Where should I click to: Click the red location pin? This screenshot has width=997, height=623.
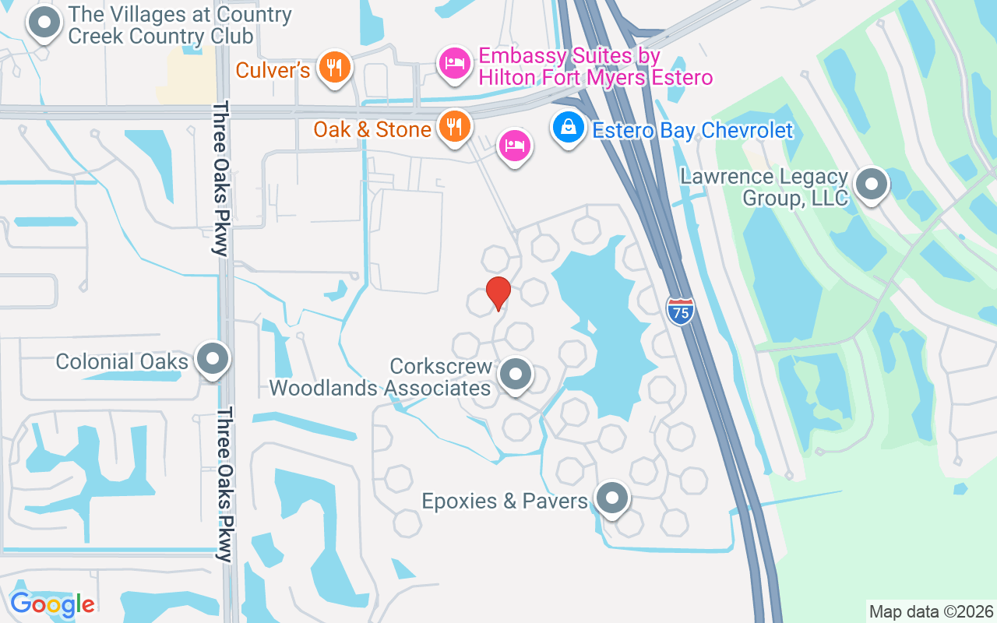pos(498,293)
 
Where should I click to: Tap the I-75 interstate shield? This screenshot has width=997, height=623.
pos(680,311)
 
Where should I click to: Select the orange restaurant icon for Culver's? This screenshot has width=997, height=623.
pos(334,68)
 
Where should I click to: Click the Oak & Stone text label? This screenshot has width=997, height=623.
pos(372,129)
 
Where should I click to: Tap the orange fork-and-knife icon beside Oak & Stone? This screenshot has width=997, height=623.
pos(453,126)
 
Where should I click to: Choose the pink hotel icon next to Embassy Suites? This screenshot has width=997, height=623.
pos(454,64)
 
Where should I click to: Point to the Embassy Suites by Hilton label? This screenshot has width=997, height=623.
pos(595,67)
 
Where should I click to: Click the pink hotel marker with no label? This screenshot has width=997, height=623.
pos(515,145)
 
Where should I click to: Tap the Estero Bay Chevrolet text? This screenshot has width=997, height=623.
pos(692,130)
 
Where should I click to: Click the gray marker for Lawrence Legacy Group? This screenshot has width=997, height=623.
pos(871,185)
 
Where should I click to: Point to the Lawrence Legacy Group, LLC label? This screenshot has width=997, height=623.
pos(763,187)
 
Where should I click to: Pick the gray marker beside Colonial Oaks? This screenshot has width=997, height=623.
pos(212,360)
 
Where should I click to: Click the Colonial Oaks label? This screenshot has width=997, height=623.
pos(122,361)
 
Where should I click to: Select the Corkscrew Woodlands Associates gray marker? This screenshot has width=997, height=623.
pos(514,375)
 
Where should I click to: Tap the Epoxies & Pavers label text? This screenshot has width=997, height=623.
pos(505,501)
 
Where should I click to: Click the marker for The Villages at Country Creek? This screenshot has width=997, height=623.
pos(44,24)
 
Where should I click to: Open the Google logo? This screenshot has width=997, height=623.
pos(52,604)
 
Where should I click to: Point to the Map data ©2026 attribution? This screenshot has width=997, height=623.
pos(931,611)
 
